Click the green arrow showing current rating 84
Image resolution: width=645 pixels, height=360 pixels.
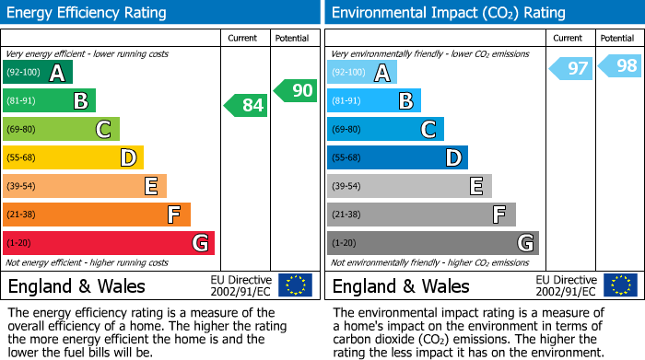pyautogui.click(x=247, y=106)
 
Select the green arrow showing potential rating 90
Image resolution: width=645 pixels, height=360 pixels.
pyautogui.click(x=296, y=90)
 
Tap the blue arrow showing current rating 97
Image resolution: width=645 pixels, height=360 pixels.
pyautogui.click(x=572, y=68)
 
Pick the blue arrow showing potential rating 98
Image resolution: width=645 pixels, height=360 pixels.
pyautogui.click(x=621, y=66)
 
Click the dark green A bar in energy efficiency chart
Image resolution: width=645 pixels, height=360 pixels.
pyautogui.click(x=37, y=73)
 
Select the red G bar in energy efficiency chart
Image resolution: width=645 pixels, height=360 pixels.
pyautogui.click(x=108, y=243)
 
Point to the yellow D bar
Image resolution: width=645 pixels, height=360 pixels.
pyautogui.click(x=73, y=158)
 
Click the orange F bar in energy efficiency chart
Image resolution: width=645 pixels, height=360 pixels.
pyautogui.click(x=96, y=215)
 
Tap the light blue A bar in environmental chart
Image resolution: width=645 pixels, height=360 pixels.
pyautogui.click(x=362, y=73)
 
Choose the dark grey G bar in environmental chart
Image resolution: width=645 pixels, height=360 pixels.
pyautogui.click(x=432, y=243)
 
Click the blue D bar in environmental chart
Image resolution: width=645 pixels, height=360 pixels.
pyautogui.click(x=397, y=158)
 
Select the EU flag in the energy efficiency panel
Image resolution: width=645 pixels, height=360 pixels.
pyautogui.click(x=295, y=285)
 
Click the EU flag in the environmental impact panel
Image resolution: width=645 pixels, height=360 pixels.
pyautogui.click(x=620, y=285)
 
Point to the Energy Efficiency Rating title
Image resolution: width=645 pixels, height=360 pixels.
pyautogui.click(x=88, y=13)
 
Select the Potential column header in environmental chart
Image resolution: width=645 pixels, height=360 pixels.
pyautogui.click(x=617, y=38)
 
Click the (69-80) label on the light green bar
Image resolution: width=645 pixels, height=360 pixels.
pyautogui.click(x=21, y=130)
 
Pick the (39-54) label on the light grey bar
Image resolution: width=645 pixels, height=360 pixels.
pyautogui.click(x=346, y=187)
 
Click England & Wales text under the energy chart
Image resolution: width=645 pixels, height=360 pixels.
pyautogui.click(x=76, y=285)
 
